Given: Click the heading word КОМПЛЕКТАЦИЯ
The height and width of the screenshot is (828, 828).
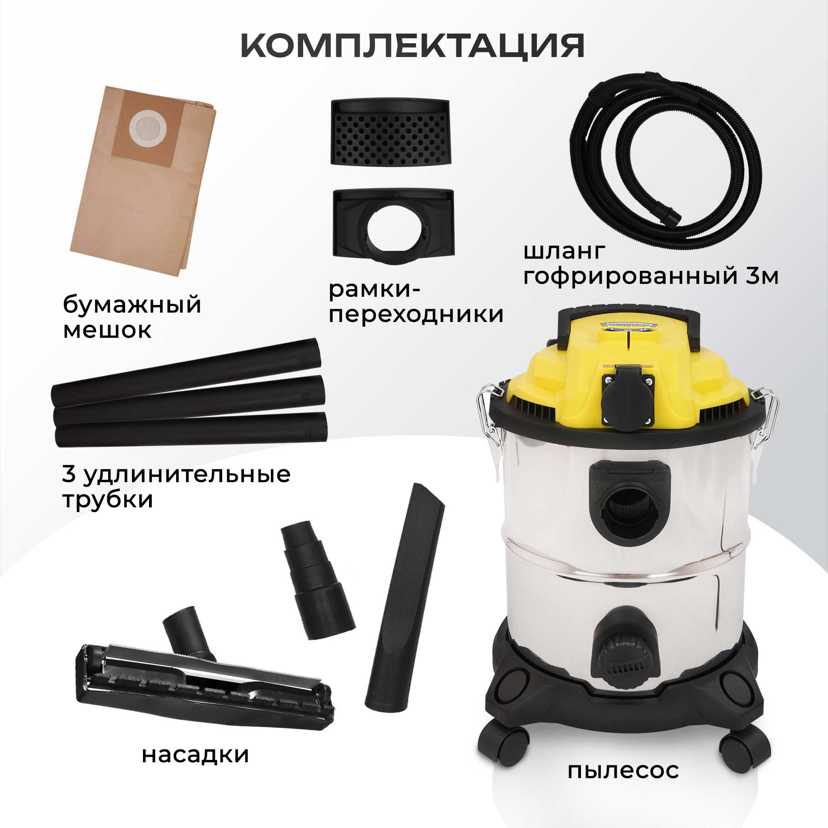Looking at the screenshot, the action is [413, 46].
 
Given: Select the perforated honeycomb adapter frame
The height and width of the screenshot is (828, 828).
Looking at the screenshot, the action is [391, 132].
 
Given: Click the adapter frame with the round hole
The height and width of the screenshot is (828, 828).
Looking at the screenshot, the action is [394, 225].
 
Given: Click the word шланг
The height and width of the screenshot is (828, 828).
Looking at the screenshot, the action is [564, 252].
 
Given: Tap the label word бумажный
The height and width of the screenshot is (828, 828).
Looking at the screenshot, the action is [132, 305].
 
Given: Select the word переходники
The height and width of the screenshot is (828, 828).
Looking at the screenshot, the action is [416, 315].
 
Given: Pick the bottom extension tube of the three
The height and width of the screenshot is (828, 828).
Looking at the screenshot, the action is [191, 429].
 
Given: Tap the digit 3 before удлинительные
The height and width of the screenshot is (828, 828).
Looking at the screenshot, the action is [69, 474].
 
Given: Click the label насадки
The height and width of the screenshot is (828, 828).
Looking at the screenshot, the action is [195, 756].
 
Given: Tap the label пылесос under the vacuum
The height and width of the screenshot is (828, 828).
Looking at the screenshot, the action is [623, 771].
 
